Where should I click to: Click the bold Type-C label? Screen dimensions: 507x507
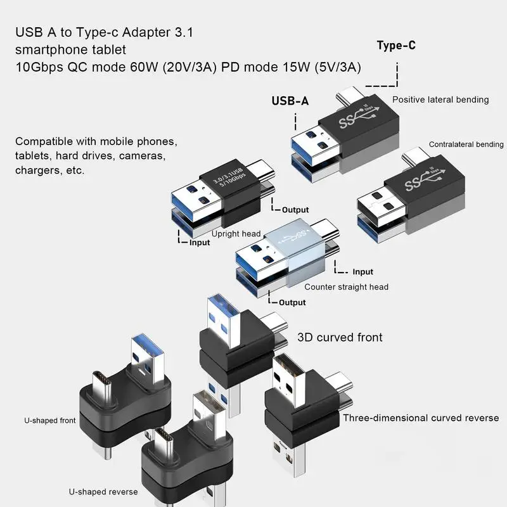coord(396,45)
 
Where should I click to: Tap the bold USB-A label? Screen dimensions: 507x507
coord(290,101)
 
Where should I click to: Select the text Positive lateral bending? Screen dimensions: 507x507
coord(440,99)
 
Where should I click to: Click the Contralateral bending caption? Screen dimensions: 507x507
coord(466,144)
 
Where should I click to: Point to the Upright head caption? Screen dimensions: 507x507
coord(236,234)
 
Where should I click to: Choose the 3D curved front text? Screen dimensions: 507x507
coord(340,337)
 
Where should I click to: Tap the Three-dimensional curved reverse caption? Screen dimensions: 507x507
coord(421,418)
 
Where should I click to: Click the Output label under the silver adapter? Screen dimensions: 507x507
coord(292,302)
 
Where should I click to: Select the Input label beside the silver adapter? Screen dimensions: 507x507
coord(363,272)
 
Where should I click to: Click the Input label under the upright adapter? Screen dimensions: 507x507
coord(199,243)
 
